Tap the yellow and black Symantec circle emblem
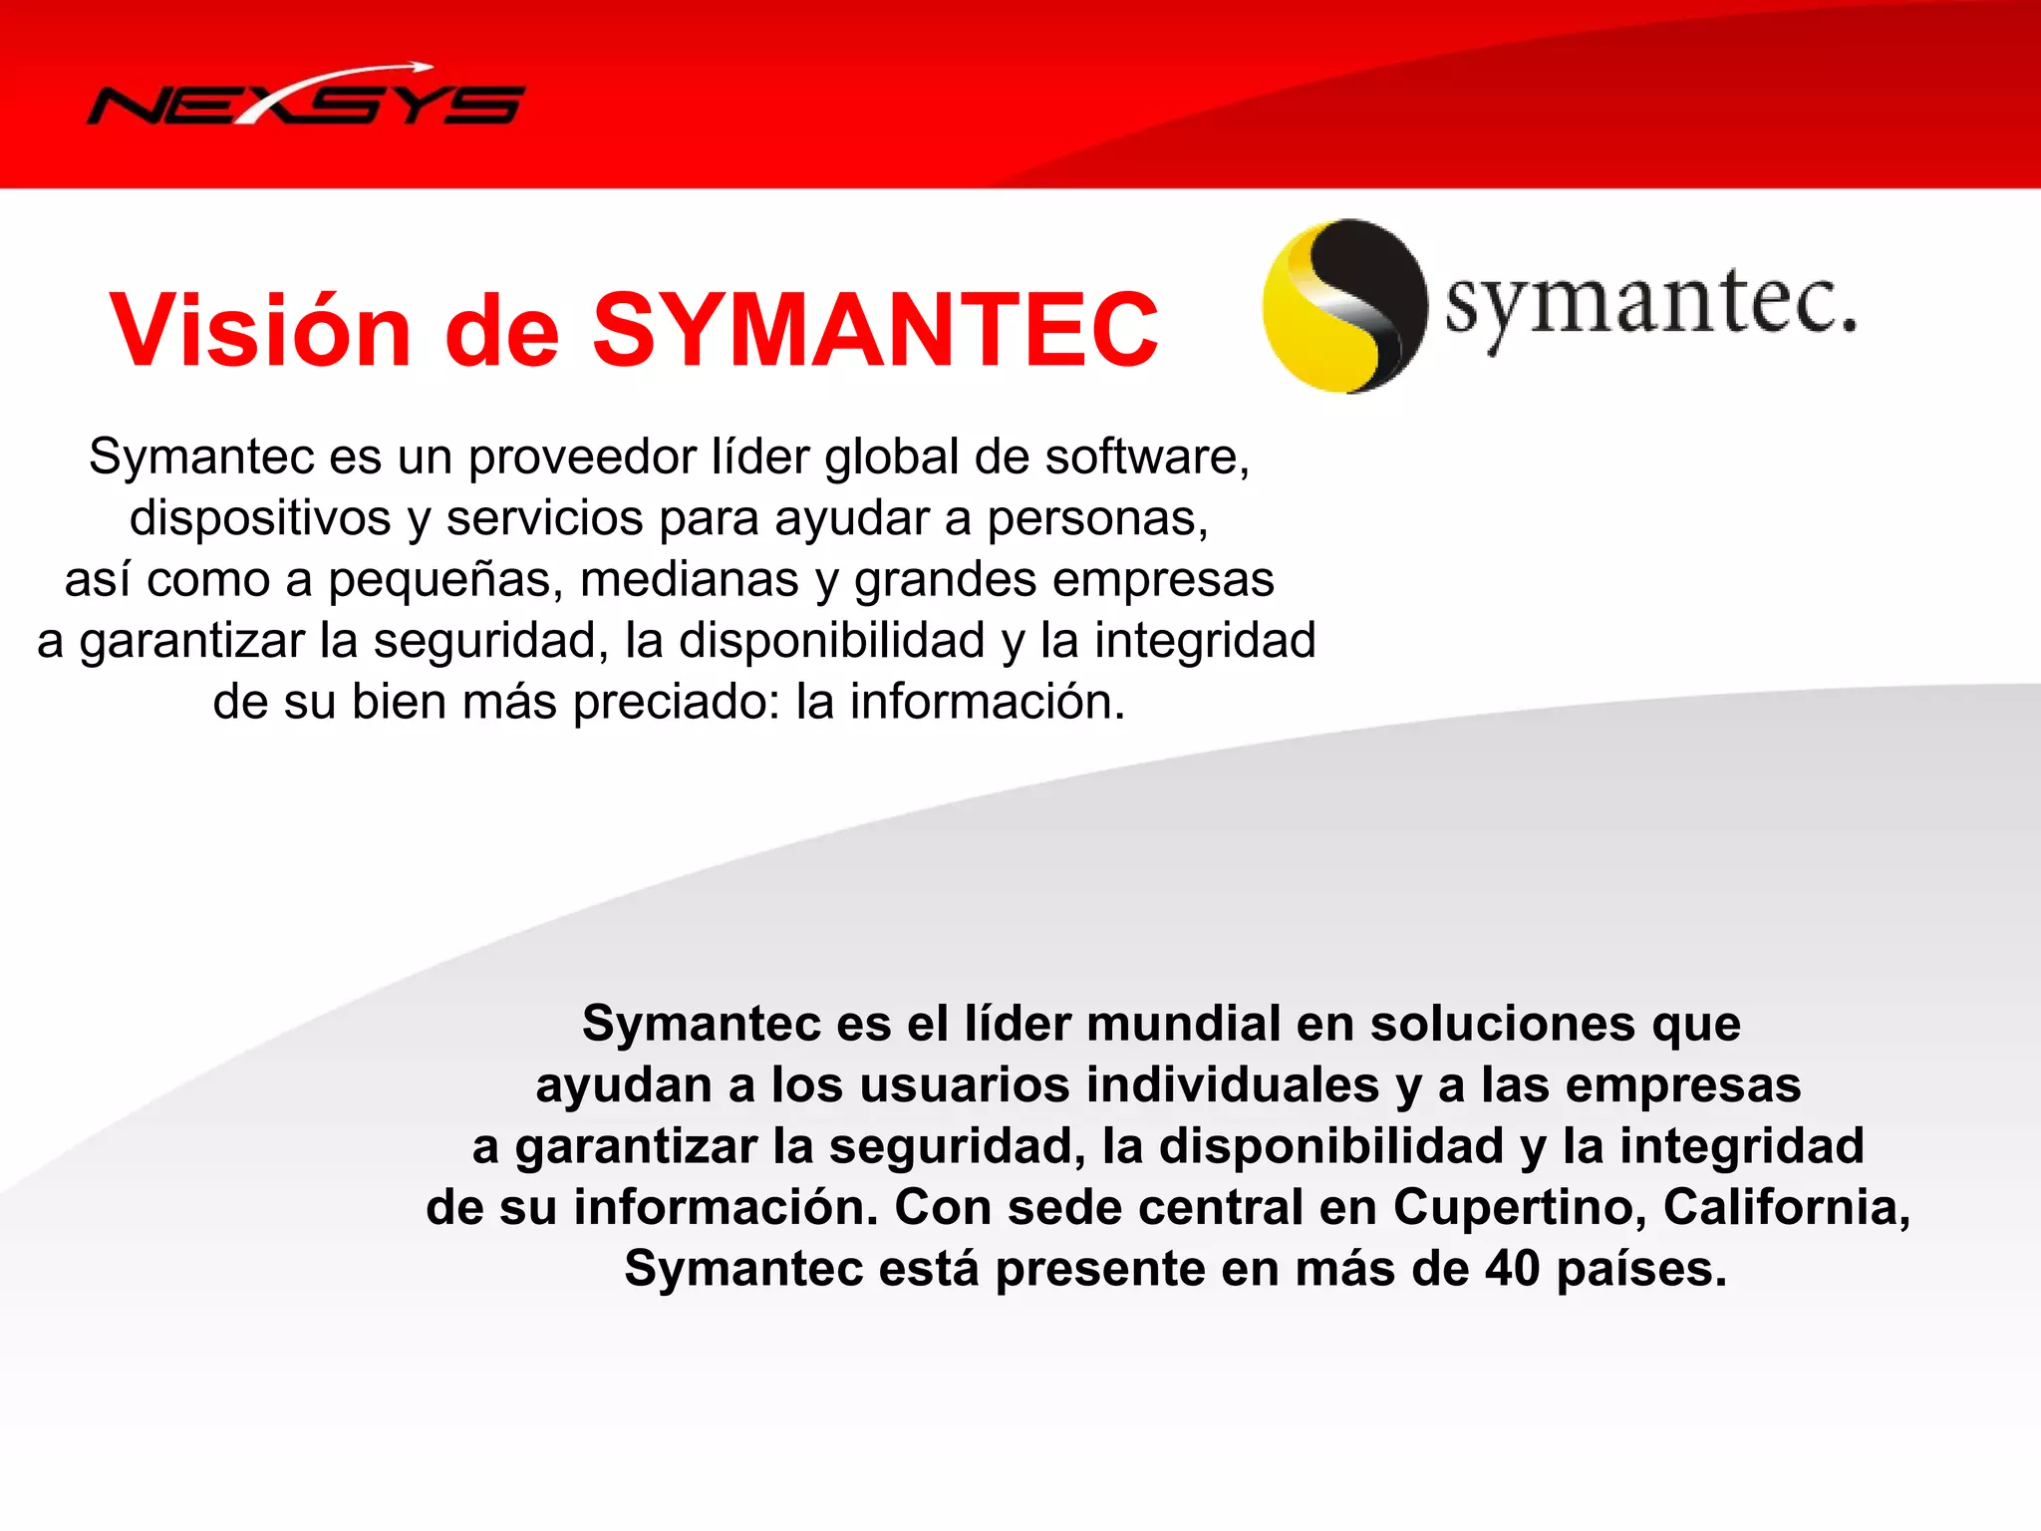pos(1344,306)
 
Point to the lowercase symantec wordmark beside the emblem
pos(1650,304)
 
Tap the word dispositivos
pos(260,518)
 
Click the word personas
pos(1097,518)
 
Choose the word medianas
pos(690,580)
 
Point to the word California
pos(1786,1208)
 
